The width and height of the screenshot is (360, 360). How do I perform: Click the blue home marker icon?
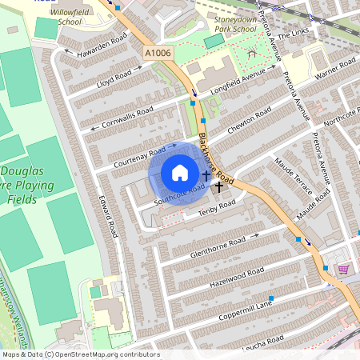pos(180,173)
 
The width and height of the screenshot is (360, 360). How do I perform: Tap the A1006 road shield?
pos(158,52)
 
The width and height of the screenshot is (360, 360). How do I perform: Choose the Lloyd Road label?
pos(112,78)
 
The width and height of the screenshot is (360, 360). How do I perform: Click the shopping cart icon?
pos(344,270)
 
